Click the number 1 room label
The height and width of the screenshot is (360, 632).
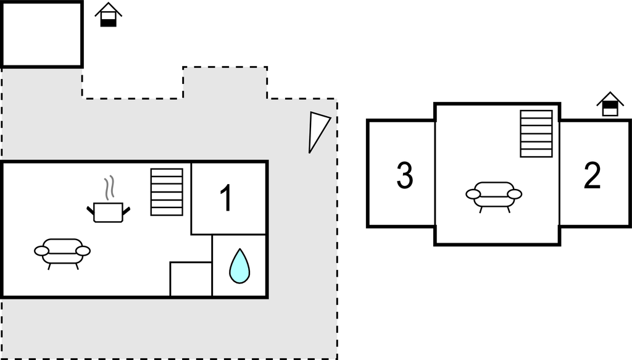pos(227,198)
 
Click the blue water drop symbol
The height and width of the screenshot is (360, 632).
pos(239,266)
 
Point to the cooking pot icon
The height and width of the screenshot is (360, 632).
pos(109,212)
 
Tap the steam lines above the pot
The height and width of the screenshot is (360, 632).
pos(109,188)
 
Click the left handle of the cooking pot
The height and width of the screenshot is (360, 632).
pos(91,210)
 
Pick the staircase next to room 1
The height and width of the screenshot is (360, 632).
pos(167,192)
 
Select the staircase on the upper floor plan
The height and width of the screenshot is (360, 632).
pos(536,133)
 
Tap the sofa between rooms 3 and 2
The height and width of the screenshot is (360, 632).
pos(494,197)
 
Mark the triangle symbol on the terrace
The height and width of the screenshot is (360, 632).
pos(318,132)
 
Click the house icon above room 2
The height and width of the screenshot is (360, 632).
pos(610,104)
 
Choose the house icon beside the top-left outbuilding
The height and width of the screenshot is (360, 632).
pos(109,15)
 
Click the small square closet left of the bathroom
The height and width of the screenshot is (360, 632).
pos(191,279)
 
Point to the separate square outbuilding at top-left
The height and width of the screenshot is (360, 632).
pos(42,34)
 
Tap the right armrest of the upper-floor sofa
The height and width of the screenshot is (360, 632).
pos(515,195)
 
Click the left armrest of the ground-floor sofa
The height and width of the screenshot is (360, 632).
pos(41,251)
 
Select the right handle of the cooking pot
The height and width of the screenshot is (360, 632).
pos(126,210)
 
